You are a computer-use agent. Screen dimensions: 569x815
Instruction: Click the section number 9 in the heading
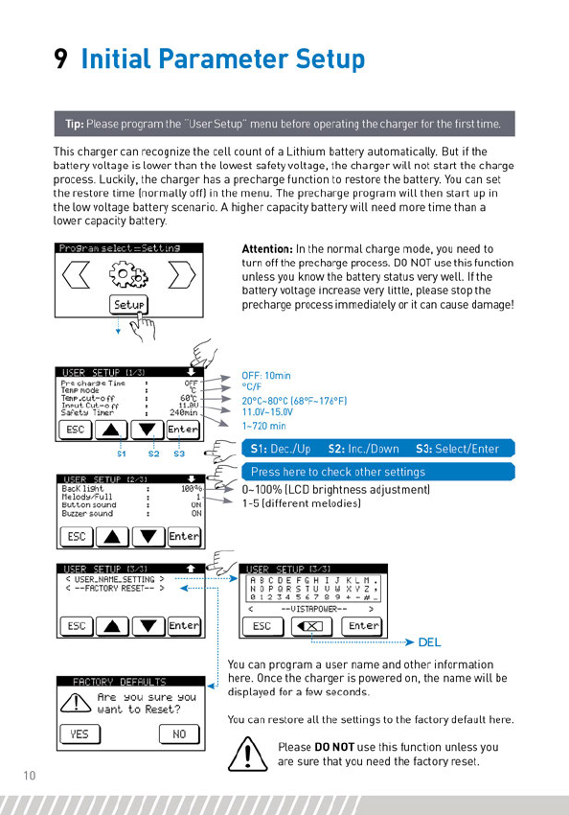(x=60, y=58)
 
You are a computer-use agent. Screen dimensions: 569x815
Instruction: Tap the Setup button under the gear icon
(x=128, y=305)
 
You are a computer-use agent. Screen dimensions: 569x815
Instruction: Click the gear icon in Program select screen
(x=128, y=273)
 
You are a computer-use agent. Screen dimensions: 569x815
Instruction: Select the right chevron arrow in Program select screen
(x=182, y=274)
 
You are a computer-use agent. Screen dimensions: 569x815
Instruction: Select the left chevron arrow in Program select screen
(x=76, y=274)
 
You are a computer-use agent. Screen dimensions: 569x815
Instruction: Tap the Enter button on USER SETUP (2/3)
(x=184, y=536)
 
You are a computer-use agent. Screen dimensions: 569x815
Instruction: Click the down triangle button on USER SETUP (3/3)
(x=148, y=626)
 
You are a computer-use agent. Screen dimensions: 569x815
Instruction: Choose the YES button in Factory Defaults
(x=80, y=733)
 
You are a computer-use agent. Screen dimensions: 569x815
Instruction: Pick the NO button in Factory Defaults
(x=179, y=733)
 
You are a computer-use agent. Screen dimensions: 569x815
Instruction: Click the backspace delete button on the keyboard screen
(x=311, y=626)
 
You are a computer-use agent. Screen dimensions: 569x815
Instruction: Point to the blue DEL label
(x=429, y=642)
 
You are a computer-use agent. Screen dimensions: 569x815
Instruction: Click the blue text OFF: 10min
(x=265, y=375)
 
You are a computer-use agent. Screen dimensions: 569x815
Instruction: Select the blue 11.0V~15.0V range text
(x=267, y=412)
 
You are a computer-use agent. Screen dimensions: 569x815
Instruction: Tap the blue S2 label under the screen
(x=153, y=454)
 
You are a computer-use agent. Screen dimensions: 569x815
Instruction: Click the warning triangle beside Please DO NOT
(x=248, y=754)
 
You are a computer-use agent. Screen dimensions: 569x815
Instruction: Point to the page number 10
(x=29, y=776)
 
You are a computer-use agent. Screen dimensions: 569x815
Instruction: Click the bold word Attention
(x=267, y=249)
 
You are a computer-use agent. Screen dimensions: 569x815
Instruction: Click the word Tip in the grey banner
(x=75, y=124)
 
